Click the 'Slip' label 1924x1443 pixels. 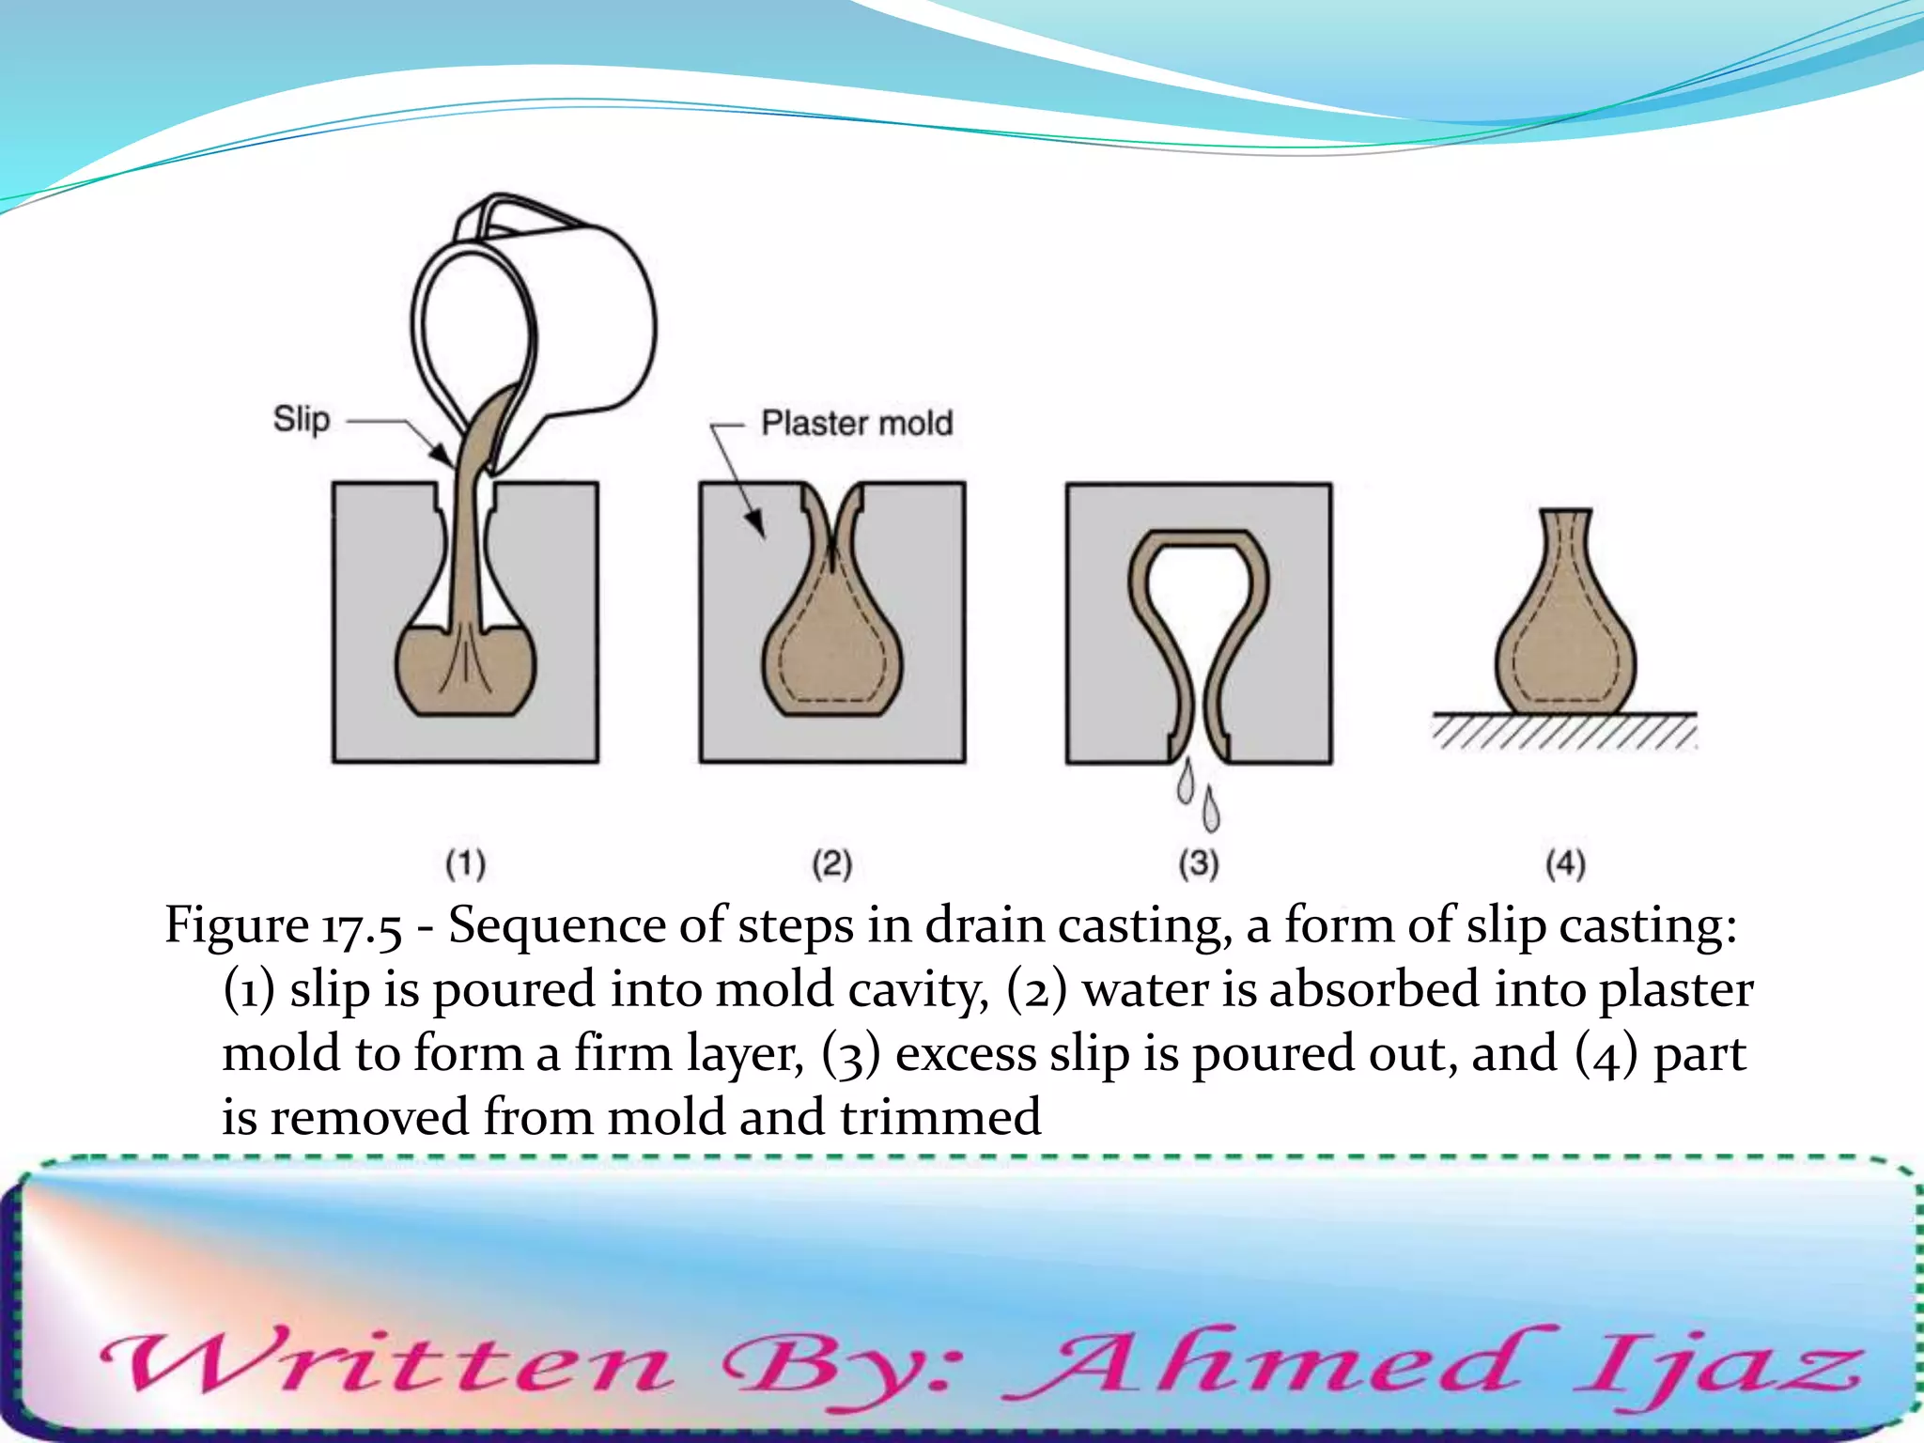pyautogui.click(x=302, y=419)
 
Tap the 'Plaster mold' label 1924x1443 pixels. pyautogui.click(x=857, y=424)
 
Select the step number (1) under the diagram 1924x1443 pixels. pyautogui.click(x=465, y=863)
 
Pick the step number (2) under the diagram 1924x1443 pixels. pyautogui.click(x=832, y=863)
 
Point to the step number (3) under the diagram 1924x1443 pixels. pyautogui.click(x=1199, y=863)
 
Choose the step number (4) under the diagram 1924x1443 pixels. pyautogui.click(x=1565, y=863)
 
